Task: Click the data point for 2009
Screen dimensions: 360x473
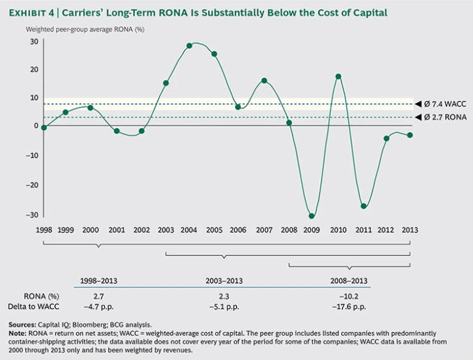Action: tap(312, 216)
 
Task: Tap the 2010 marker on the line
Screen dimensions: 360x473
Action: tap(338, 76)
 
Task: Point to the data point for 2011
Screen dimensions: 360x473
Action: tap(363, 206)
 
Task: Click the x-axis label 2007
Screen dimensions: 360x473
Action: tap(264, 230)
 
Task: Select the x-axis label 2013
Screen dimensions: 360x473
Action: tap(410, 230)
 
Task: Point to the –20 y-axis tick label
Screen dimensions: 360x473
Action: tap(31, 185)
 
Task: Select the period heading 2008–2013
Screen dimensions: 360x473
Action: tap(349, 281)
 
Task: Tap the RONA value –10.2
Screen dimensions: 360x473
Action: tap(349, 295)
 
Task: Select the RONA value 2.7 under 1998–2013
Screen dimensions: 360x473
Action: tap(99, 295)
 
